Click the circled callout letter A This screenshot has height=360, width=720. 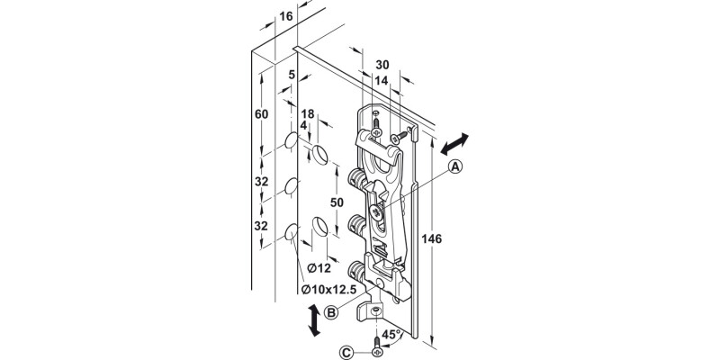point(455,166)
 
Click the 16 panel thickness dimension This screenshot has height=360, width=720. point(286,16)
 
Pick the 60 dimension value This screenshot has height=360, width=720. point(262,114)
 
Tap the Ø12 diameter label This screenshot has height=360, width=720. point(317,268)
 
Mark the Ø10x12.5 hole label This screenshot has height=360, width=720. point(332,289)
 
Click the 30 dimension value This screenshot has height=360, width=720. point(382,65)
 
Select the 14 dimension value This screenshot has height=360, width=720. point(382,80)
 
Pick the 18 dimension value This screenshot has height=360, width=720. point(307,114)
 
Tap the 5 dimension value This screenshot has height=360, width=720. point(292,76)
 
